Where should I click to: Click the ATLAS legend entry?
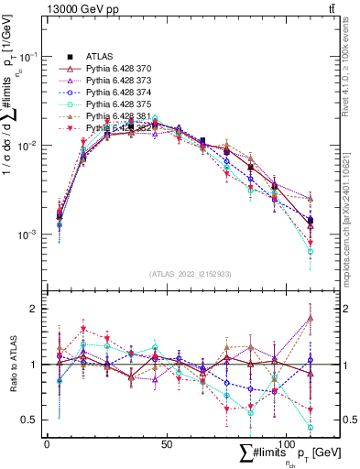pos(98,57)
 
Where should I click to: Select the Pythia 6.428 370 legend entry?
pos(115,69)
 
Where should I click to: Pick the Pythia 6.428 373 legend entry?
pos(115,81)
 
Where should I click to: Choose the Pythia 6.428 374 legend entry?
pos(115,93)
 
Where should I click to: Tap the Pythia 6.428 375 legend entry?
pos(115,104)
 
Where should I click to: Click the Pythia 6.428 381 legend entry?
pos(115,116)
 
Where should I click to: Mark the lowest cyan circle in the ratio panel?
pos(311,427)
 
